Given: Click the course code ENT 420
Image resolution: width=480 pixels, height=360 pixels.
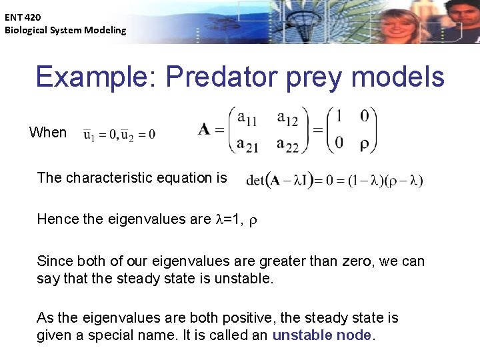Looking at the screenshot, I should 22,17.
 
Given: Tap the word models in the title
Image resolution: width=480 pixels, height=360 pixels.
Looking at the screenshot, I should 397,77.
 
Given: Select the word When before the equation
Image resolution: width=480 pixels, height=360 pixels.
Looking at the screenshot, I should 48,132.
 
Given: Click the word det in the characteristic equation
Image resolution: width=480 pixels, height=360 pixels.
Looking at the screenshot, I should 255,180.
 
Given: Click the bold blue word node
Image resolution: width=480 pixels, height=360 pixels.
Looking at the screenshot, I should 353,335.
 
